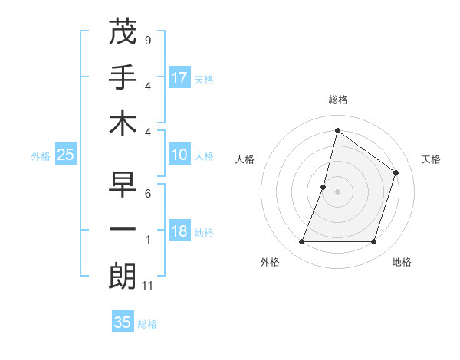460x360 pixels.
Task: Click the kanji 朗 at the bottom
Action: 123,276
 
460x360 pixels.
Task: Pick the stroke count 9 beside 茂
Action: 147,40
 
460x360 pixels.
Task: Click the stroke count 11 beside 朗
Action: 148,286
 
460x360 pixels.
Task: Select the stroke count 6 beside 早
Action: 147,194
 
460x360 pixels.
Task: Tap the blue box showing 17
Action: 179,77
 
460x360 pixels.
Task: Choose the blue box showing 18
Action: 179,232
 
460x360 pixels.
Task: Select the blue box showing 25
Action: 66,155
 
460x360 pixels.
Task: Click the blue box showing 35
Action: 123,322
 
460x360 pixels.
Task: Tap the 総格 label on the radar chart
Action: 337,100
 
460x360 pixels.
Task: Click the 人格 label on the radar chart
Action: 245,159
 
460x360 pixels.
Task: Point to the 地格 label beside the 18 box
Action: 205,233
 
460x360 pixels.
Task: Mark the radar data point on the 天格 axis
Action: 396,172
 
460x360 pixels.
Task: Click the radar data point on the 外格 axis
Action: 301,242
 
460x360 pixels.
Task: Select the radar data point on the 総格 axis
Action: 337,130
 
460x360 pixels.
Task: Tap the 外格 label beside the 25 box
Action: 41,156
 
